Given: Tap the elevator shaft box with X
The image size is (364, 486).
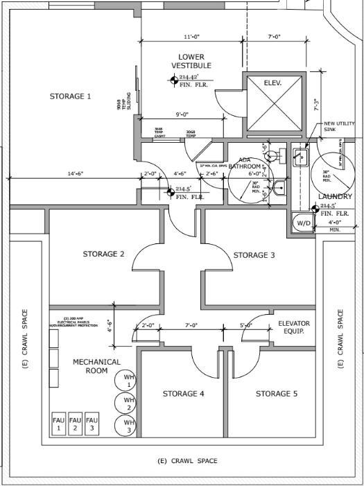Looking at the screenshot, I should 274,102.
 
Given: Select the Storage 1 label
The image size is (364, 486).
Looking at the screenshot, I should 70,96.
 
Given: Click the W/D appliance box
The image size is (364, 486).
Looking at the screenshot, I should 303,223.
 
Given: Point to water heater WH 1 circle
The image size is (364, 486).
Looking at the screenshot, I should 128,379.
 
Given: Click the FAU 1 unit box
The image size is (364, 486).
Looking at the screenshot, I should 59,424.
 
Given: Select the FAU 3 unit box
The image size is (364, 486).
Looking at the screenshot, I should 92,424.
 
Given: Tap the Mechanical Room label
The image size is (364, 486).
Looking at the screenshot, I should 96,366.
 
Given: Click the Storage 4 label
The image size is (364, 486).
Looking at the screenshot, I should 183,394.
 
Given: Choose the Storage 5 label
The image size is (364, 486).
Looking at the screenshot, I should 276,394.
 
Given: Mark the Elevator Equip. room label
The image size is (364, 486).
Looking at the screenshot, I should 294,327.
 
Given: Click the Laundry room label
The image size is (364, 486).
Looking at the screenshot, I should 336,197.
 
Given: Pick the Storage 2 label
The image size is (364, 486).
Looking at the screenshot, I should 103,254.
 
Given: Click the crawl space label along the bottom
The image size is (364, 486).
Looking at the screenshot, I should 187,461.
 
